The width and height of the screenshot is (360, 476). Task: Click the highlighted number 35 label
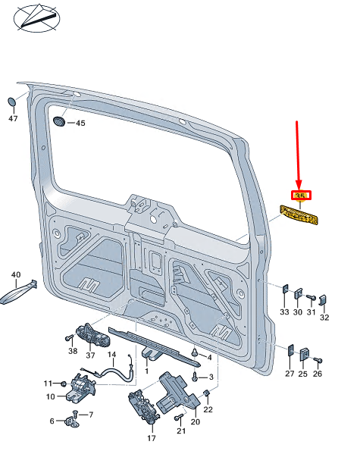pyautogui.click(x=300, y=196)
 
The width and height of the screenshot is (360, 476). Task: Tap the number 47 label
pyautogui.click(x=13, y=119)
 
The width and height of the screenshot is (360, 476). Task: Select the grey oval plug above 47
pyautogui.click(x=13, y=102)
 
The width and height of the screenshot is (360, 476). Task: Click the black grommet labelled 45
pyautogui.click(x=61, y=122)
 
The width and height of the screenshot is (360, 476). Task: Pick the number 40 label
pyautogui.click(x=15, y=275)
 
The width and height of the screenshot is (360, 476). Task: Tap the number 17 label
pyautogui.click(x=151, y=438)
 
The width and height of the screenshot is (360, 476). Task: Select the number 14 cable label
pyautogui.click(x=111, y=355)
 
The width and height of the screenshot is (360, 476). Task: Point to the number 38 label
pyautogui.click(x=73, y=351)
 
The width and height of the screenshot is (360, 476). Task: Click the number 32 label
pyautogui.click(x=324, y=317)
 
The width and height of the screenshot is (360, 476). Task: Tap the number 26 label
pyautogui.click(x=318, y=374)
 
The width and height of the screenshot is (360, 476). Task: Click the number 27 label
pyautogui.click(x=289, y=374)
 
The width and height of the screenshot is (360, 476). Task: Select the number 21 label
pyautogui.click(x=180, y=431)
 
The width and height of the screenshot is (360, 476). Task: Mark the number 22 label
pyautogui.click(x=208, y=410)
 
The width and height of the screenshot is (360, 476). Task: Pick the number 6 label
pyautogui.click(x=52, y=421)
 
